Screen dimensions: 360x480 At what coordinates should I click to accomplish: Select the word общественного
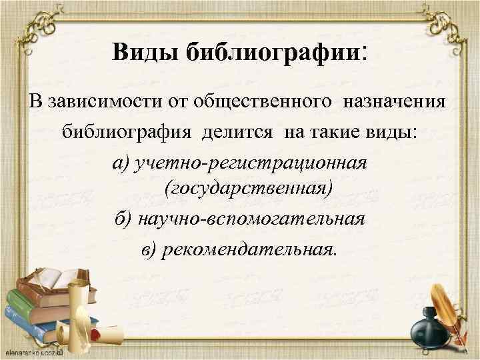241,103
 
